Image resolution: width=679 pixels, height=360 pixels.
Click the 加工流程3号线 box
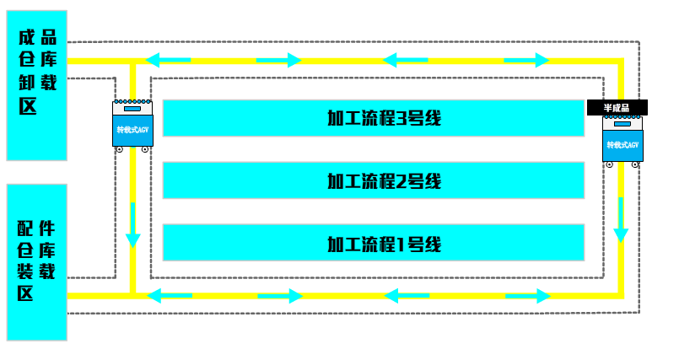(373, 118)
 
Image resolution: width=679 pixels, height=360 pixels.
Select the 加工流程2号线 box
(373, 180)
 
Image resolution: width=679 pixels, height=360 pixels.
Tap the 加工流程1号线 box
(373, 244)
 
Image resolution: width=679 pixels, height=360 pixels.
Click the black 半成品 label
(617, 108)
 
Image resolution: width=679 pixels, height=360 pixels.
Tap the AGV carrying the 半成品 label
(622, 143)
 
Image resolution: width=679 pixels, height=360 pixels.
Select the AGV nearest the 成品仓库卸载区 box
(132, 126)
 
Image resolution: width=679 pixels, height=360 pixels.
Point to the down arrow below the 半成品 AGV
(622, 219)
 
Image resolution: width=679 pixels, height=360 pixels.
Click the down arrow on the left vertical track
(132, 225)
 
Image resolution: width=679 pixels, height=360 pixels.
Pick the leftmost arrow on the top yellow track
(167, 60)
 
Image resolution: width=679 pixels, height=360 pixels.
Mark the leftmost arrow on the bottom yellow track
(168, 296)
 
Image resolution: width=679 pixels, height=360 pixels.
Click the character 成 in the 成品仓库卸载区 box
(26, 39)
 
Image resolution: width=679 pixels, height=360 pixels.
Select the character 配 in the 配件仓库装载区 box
(26, 228)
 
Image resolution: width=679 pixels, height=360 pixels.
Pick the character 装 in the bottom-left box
(26, 271)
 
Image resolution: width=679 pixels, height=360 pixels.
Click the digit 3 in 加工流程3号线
(401, 118)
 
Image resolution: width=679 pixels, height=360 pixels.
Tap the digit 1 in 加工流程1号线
(401, 244)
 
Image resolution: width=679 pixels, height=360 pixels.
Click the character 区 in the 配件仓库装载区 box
(26, 293)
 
